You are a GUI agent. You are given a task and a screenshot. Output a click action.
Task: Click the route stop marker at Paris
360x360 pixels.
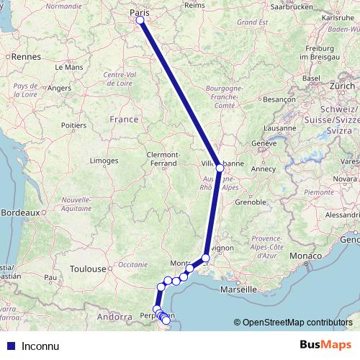(140, 20)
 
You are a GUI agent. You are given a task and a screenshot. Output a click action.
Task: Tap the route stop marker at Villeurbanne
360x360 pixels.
(220, 168)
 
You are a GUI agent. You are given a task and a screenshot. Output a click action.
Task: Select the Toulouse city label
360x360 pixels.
(88, 269)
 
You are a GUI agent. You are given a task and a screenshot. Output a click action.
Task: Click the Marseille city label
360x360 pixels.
(238, 289)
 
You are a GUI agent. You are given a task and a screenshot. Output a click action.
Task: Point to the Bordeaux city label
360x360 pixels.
(19, 213)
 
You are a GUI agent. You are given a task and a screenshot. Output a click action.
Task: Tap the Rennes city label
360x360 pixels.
(26, 55)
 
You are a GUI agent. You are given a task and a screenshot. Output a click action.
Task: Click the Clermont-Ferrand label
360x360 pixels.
(162, 159)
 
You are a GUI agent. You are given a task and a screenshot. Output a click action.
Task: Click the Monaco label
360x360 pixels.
(305, 256)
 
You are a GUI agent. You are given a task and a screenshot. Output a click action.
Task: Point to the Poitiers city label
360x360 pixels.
(74, 125)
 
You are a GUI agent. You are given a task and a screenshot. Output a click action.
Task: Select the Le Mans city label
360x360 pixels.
(69, 66)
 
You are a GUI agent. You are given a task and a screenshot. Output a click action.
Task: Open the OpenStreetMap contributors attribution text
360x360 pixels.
(297, 323)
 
